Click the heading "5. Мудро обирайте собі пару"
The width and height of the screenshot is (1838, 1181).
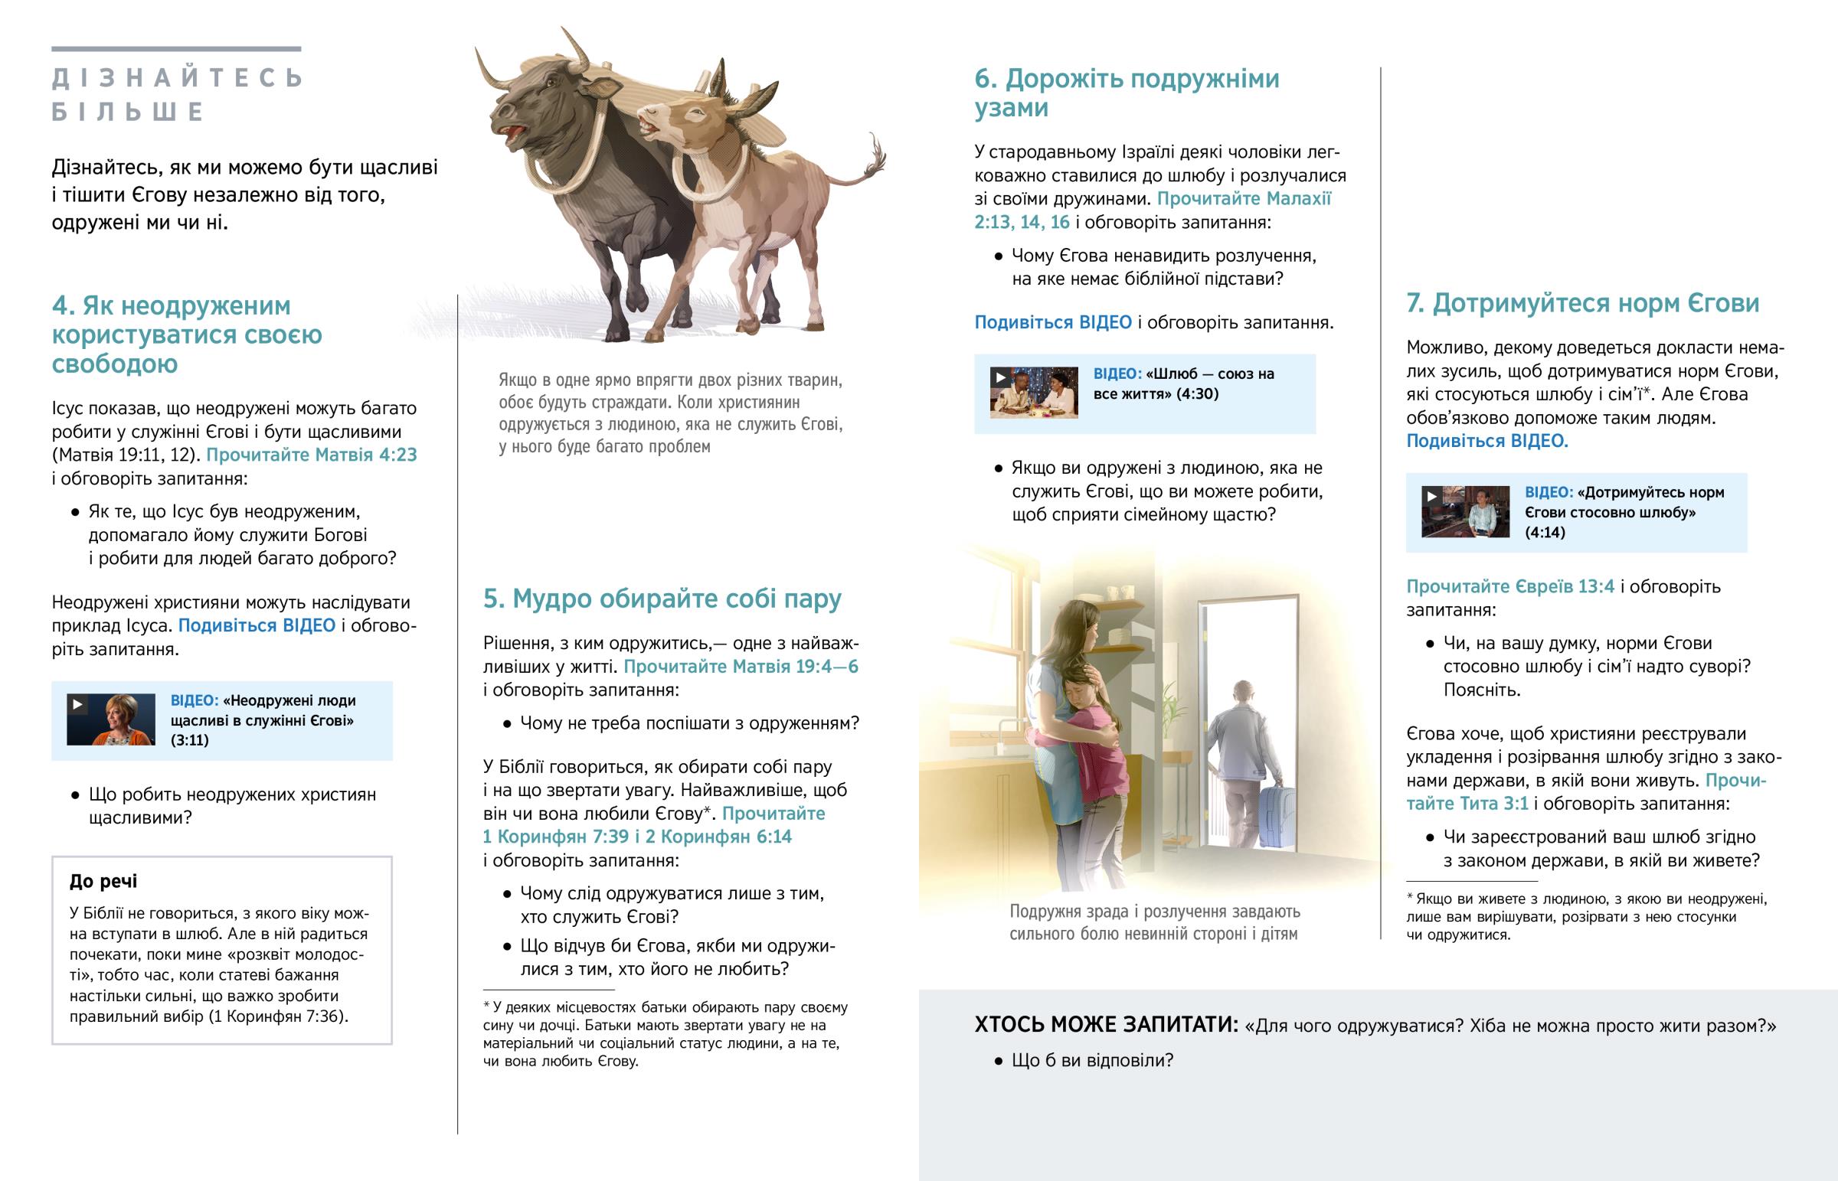pyautogui.click(x=662, y=599)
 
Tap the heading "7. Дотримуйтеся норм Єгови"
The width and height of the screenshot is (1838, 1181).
pyautogui.click(x=1581, y=304)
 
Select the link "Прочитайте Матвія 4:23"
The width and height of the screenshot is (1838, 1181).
pyautogui.click(x=312, y=455)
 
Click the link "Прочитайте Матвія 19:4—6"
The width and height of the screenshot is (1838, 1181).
pyautogui.click(x=741, y=667)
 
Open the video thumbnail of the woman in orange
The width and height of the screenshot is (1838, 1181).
pyautogui.click(x=110, y=719)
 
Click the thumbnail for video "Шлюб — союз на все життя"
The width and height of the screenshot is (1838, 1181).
pyautogui.click(x=1033, y=393)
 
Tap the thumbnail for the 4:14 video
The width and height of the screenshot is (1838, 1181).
pyautogui.click(x=1464, y=511)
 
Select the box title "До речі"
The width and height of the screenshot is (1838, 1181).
pyautogui.click(x=103, y=881)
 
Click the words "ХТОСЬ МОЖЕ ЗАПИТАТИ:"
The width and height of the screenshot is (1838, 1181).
pyautogui.click(x=1105, y=1026)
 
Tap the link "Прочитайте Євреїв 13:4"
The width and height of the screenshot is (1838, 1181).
pyautogui.click(x=1509, y=586)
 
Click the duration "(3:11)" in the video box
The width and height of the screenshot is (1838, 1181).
pyautogui.click(x=189, y=740)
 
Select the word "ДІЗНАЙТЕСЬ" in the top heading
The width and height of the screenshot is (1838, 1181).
pyautogui.click(x=177, y=78)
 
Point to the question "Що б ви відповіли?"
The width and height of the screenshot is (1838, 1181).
pyautogui.click(x=1091, y=1061)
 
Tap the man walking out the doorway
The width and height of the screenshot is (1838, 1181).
pyautogui.click(x=1241, y=752)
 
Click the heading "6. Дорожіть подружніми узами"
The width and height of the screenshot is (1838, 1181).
pyautogui.click(x=1126, y=93)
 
